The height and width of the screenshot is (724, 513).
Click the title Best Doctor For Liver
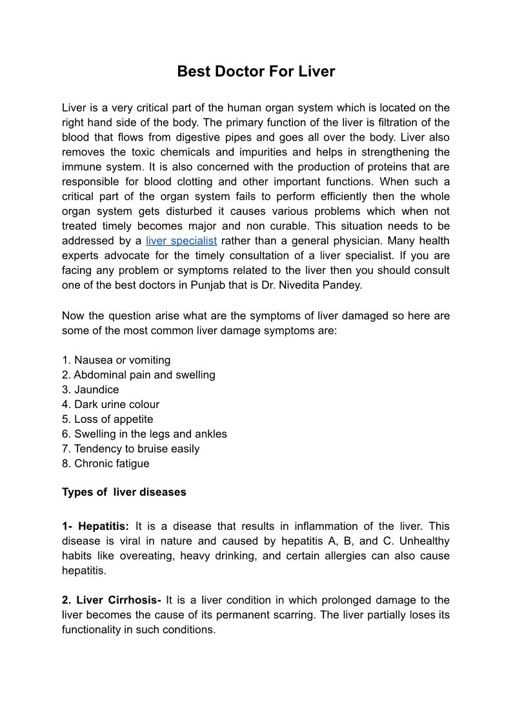click(256, 72)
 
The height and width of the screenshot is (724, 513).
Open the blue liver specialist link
click(181, 241)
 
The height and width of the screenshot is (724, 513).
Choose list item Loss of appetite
click(108, 419)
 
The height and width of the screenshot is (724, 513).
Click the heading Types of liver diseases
click(124, 492)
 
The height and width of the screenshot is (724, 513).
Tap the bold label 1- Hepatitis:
click(96, 526)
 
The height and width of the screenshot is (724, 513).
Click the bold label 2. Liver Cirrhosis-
click(112, 600)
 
